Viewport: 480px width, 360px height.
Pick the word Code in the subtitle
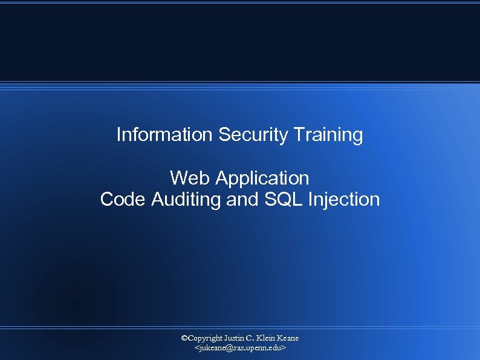pyautogui.click(x=123, y=199)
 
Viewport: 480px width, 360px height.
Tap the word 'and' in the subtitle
pyautogui.click(x=243, y=199)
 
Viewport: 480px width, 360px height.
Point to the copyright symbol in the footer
pyautogui.click(x=184, y=338)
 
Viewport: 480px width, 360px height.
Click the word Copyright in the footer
pyautogui.click(x=204, y=338)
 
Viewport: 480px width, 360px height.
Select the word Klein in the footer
pyautogui.click(x=268, y=338)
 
